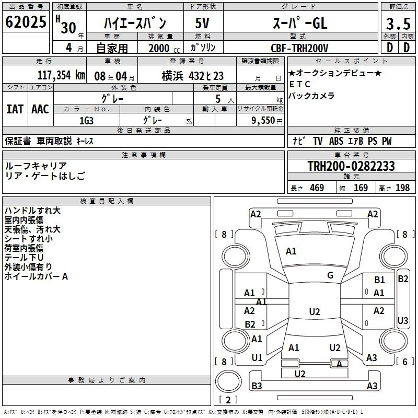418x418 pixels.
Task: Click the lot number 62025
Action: point(26,22)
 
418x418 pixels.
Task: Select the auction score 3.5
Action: point(398,24)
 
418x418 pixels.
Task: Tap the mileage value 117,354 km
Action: point(61,75)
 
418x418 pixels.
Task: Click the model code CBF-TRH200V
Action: point(299,48)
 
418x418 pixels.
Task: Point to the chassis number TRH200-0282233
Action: point(351,166)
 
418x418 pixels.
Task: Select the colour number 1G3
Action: point(86,121)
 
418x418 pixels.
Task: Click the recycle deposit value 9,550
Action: point(263,120)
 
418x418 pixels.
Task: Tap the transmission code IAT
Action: point(15,109)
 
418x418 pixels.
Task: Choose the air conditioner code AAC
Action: point(40,109)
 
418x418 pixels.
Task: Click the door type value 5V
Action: point(202,23)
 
